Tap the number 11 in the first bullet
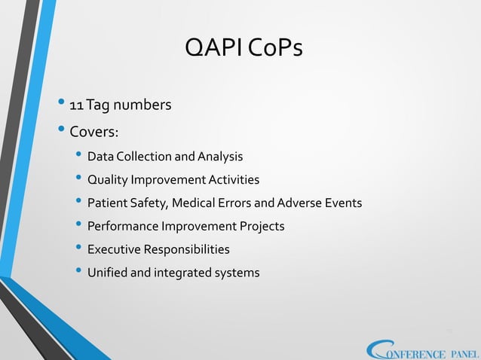pyautogui.click(x=76, y=104)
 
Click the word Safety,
pyautogui.click(x=153, y=203)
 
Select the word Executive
pyautogui.click(x=115, y=249)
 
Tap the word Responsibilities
pyautogui.click(x=188, y=249)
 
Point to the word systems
pyautogui.click(x=236, y=272)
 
